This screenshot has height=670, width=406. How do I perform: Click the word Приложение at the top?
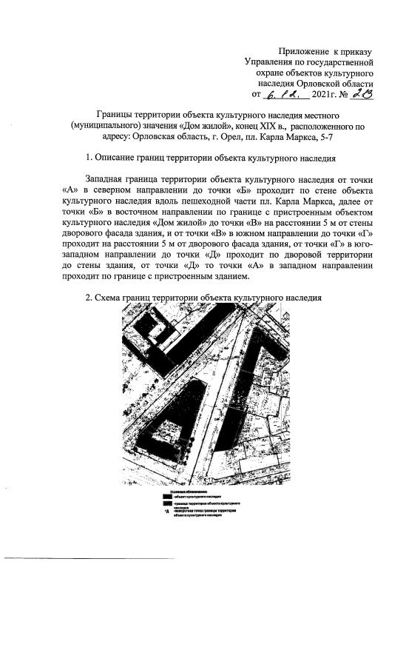point(302,50)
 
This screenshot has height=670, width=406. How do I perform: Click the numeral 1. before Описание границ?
point(89,158)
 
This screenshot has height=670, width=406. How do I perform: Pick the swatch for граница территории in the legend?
point(167,503)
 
